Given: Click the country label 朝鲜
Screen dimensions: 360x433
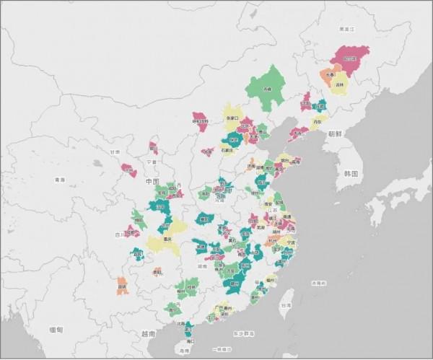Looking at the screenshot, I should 335,133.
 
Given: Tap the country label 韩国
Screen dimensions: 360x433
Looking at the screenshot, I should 351,174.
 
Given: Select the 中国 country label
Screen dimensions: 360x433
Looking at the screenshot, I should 152,180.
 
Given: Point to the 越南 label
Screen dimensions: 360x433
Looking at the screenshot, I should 148,333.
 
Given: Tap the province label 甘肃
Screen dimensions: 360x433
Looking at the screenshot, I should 115,152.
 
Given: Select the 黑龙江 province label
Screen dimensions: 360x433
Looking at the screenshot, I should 348,30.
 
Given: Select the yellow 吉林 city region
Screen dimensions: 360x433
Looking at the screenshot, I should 339,85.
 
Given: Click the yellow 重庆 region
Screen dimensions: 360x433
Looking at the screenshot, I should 167,239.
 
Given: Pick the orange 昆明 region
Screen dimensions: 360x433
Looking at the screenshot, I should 122,286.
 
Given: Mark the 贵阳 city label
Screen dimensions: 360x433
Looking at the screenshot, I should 157,272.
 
